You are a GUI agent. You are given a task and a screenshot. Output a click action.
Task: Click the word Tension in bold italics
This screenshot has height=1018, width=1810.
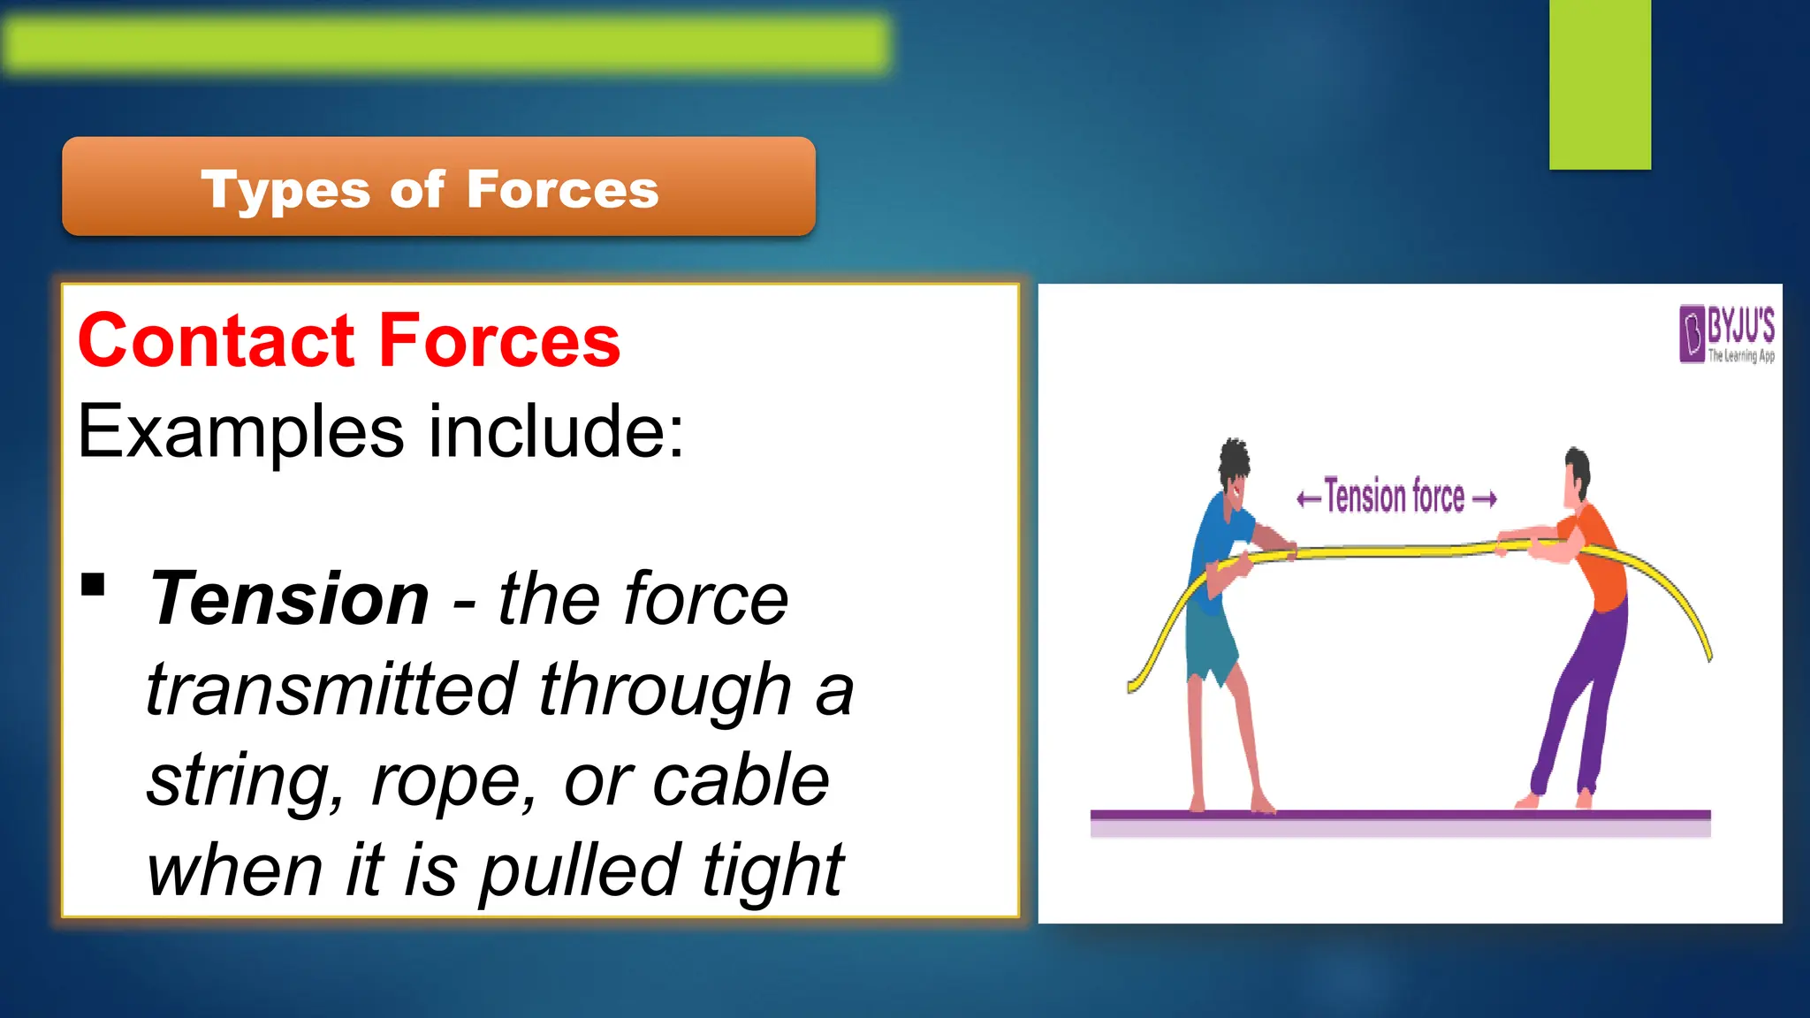tap(290, 599)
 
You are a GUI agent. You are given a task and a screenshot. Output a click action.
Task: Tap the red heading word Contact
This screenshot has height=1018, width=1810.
tap(216, 341)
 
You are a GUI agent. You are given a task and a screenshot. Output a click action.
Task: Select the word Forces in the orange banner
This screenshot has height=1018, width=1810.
tap(562, 189)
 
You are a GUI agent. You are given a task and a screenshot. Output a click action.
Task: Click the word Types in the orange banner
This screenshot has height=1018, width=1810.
tap(285, 191)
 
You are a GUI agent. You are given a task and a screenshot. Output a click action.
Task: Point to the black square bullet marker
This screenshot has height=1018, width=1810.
tap(93, 585)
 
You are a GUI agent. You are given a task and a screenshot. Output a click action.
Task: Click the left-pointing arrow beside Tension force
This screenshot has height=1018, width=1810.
tap(1308, 499)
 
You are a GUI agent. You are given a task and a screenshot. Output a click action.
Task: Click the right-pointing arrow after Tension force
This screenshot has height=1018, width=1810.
tap(1485, 499)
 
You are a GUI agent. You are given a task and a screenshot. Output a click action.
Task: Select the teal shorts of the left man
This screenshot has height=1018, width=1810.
tap(1211, 645)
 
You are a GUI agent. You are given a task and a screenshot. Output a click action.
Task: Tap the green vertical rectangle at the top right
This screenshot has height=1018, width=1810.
tap(1600, 84)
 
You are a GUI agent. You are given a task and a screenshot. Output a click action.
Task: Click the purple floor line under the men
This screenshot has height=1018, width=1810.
tap(1400, 815)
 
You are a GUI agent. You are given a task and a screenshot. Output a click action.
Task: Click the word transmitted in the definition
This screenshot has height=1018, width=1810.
tap(331, 689)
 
